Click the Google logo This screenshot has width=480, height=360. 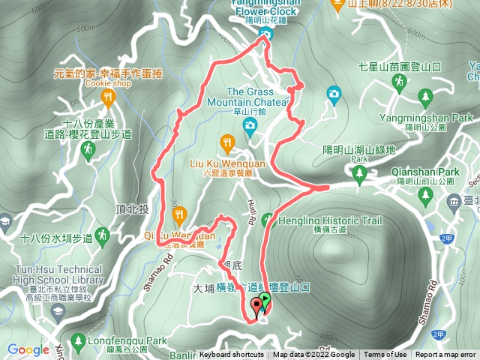pos(28,349)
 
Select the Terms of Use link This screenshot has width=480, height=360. pos(385,355)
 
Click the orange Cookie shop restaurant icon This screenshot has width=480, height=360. pos(109,97)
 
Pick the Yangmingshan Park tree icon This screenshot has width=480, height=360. pos(426,96)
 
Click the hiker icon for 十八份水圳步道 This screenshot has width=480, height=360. pos(103,236)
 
